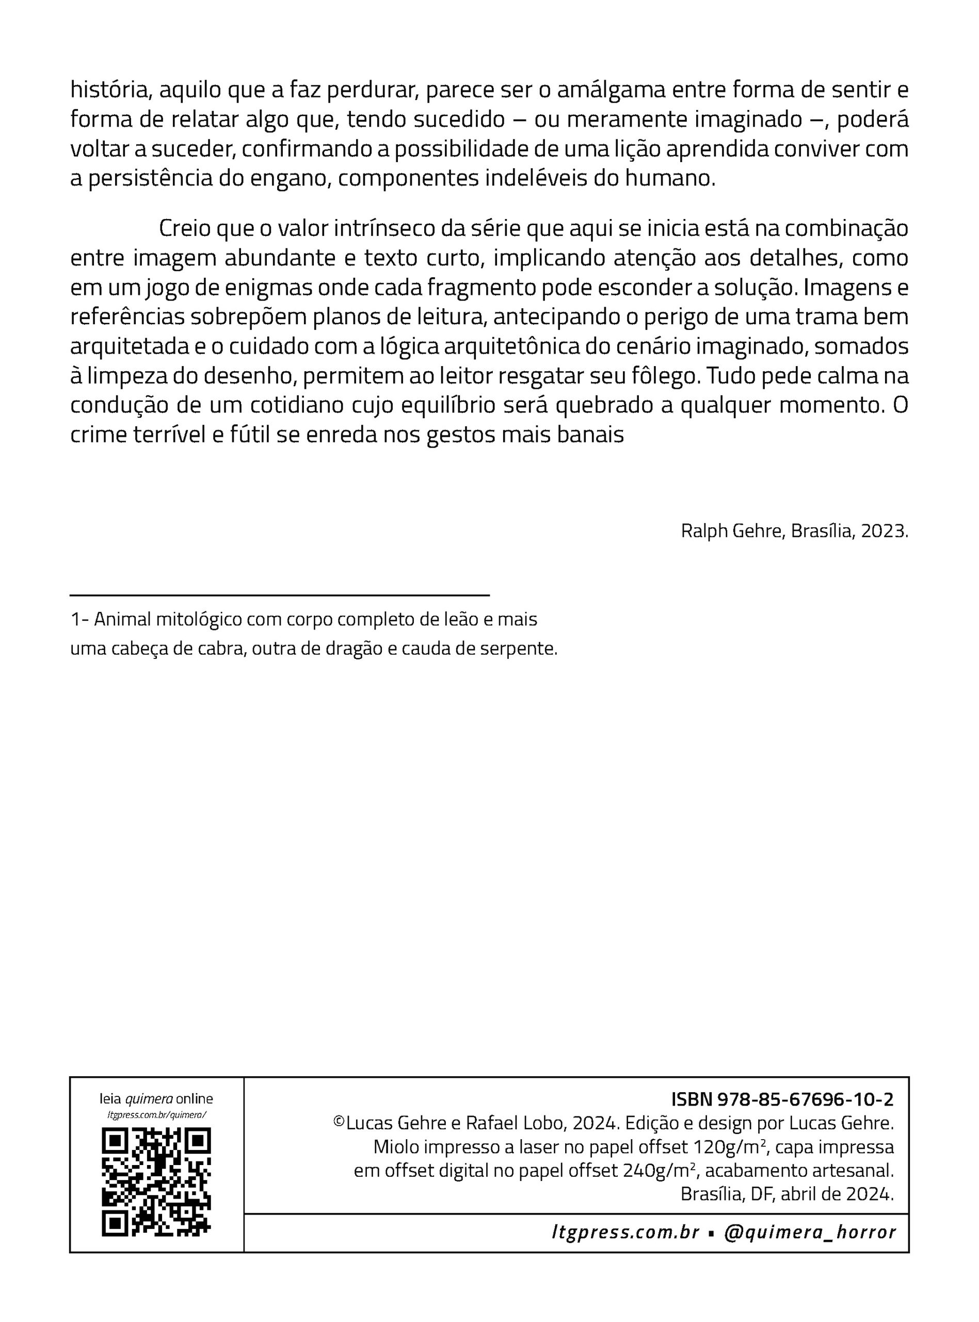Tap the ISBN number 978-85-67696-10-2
(x=805, y=1100)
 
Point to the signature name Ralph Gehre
(x=732, y=531)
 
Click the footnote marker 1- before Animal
(x=79, y=620)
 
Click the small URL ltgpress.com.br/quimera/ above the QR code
(x=156, y=1115)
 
